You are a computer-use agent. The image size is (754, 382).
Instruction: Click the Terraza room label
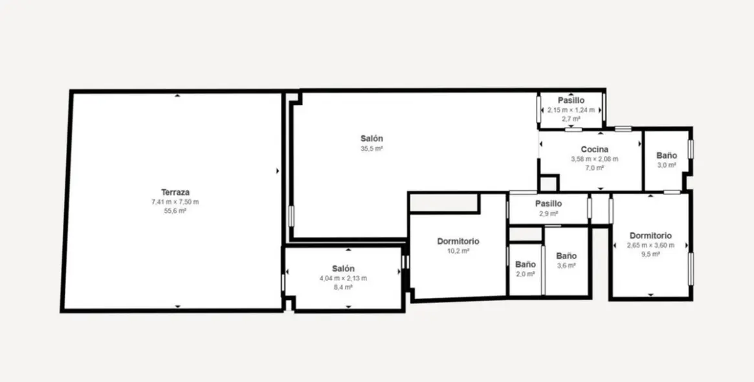tap(175, 192)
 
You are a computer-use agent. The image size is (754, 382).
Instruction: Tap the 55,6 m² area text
tap(175, 210)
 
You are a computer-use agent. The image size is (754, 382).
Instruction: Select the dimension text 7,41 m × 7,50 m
tap(175, 201)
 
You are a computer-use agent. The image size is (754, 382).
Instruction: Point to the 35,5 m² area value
tap(371, 149)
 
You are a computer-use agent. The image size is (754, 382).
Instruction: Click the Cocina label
tap(594, 150)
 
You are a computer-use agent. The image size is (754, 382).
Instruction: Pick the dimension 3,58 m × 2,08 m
tap(594, 159)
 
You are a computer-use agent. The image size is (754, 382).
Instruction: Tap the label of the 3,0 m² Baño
tap(667, 155)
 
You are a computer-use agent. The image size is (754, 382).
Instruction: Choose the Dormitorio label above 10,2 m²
tap(458, 242)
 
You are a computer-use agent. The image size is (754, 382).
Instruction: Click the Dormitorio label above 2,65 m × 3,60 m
tap(650, 236)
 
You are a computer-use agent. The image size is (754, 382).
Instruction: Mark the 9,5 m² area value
tap(650, 254)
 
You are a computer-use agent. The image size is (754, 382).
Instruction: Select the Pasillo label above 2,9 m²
tap(548, 204)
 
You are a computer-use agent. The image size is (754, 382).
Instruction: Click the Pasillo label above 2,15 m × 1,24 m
tap(571, 100)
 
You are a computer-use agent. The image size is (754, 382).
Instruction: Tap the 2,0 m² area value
tap(525, 274)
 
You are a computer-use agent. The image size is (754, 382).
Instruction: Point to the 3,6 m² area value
tap(566, 265)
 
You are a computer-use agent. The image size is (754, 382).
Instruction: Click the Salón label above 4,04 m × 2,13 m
tap(343, 269)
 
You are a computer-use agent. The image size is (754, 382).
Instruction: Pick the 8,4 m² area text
tap(343, 287)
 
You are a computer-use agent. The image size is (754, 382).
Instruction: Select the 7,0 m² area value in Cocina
tap(594, 168)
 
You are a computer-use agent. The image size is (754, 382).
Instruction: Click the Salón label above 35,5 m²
tap(371, 139)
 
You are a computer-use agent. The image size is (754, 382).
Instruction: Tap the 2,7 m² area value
tap(571, 118)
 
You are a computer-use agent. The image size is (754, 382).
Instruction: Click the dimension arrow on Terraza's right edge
tap(278, 171)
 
